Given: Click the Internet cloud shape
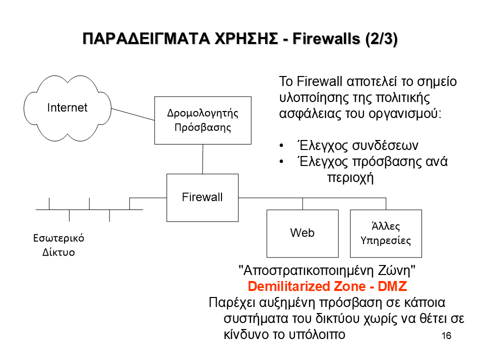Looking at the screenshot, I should pyautogui.click(x=67, y=107).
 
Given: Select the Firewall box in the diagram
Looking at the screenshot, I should pyautogui.click(x=202, y=197).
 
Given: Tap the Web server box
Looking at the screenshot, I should pyautogui.click(x=302, y=232).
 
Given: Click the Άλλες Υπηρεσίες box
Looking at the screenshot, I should pyautogui.click(x=385, y=233).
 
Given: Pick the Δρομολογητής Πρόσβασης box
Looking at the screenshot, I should pyautogui.click(x=202, y=120).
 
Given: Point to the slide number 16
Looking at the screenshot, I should pyautogui.click(x=446, y=335).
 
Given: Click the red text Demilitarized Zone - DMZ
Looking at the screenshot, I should pyautogui.click(x=327, y=287).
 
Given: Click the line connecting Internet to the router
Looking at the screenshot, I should pyautogui.click(x=132, y=114).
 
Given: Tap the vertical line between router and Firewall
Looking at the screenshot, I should pyautogui.click(x=202, y=159).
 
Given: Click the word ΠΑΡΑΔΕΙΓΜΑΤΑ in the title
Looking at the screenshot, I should pyautogui.click(x=132, y=39).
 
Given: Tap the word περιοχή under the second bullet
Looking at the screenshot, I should pyautogui.click(x=350, y=177).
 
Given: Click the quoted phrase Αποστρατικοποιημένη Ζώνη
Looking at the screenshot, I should pyautogui.click(x=327, y=271).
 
